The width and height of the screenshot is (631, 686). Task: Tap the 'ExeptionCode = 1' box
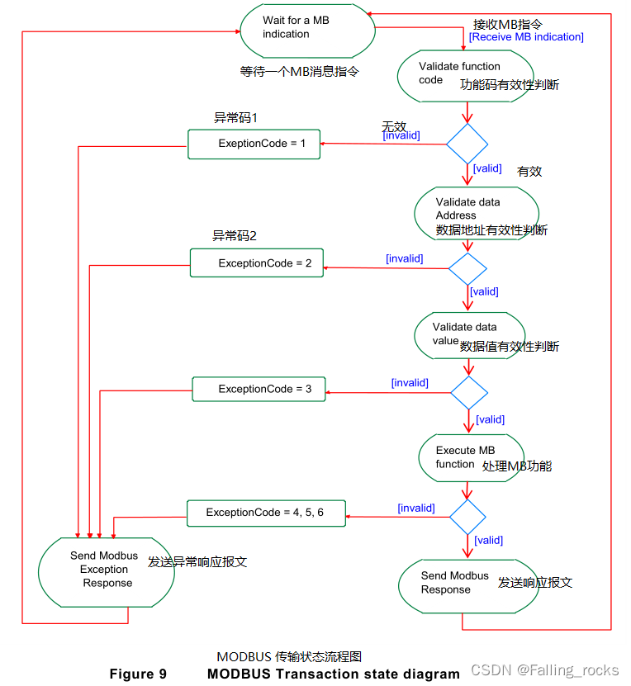click(254, 144)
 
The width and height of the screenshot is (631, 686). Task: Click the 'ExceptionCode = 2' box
click(256, 263)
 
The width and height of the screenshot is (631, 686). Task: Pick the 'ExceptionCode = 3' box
click(259, 389)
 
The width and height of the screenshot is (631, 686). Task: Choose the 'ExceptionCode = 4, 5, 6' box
click(265, 513)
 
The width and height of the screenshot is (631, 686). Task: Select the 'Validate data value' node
click(468, 334)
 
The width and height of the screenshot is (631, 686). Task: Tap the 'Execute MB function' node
click(469, 457)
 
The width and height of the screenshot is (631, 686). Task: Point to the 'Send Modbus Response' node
click(457, 583)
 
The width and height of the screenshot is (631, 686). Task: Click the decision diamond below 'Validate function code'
click(467, 144)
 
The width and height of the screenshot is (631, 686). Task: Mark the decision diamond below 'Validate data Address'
click(467, 268)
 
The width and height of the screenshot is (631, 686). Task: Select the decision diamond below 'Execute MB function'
click(468, 518)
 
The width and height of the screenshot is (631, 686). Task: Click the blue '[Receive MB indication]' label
click(526, 37)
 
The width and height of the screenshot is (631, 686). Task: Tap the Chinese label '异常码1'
click(235, 117)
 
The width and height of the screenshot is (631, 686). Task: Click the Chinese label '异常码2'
click(235, 236)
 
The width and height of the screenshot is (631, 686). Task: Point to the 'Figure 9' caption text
click(138, 674)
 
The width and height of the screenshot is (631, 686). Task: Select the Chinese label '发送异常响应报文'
click(197, 562)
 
